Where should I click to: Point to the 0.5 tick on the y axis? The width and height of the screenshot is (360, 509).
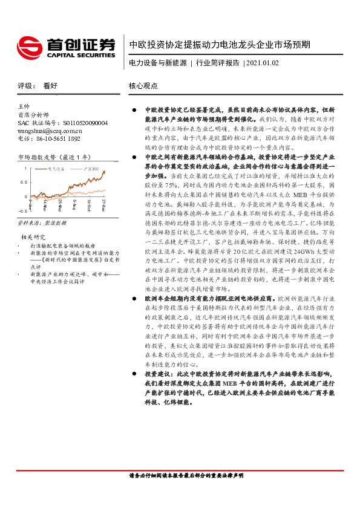[x=23, y=182]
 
